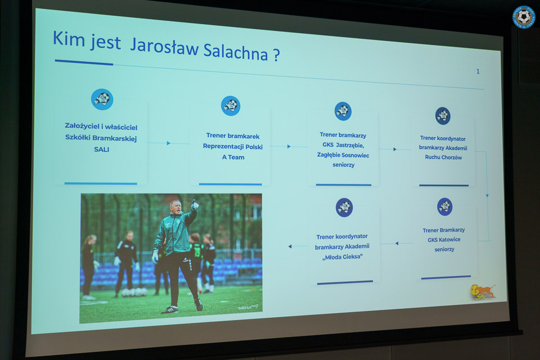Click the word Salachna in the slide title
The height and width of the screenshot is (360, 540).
click(x=236, y=51)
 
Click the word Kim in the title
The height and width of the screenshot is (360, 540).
click(x=69, y=38)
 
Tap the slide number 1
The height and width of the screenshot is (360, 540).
click(x=478, y=71)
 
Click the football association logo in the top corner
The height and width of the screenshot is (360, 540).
click(x=524, y=17)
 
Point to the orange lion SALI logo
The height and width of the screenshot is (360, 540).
click(x=483, y=292)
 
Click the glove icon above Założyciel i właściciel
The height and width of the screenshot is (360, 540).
click(x=102, y=99)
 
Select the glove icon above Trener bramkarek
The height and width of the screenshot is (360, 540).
click(x=231, y=106)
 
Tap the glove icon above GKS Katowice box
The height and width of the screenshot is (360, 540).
click(x=444, y=206)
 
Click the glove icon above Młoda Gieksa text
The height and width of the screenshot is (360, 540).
click(x=344, y=208)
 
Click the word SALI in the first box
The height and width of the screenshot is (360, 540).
click(x=102, y=150)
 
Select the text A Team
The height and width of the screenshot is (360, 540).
click(x=233, y=157)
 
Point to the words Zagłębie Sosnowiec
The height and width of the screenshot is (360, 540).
click(x=343, y=155)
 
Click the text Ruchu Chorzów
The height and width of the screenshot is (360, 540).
click(x=444, y=157)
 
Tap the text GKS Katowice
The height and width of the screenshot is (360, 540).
click(x=444, y=240)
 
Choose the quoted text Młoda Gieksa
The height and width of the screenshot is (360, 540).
click(x=343, y=256)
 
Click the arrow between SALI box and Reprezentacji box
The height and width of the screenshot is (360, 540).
click(x=168, y=143)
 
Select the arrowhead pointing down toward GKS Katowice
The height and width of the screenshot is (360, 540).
click(x=487, y=196)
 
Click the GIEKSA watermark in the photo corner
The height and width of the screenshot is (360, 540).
click(x=248, y=307)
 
